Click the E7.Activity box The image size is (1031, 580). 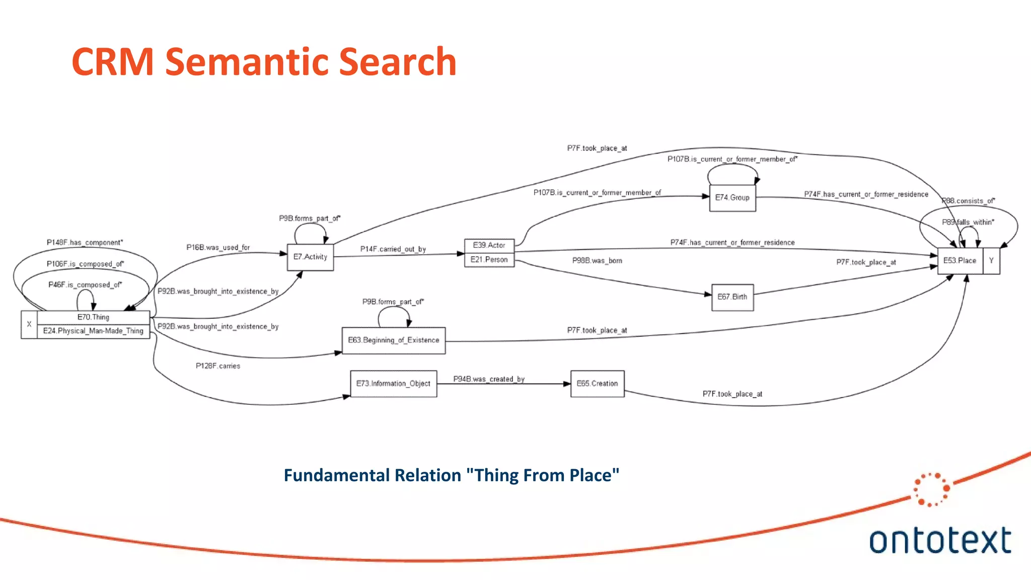(x=310, y=257)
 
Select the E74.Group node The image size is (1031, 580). (x=732, y=198)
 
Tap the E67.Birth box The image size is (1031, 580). (x=732, y=297)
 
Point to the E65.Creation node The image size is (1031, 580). (x=597, y=384)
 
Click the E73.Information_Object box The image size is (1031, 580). (x=393, y=384)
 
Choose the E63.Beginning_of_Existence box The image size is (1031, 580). (x=393, y=340)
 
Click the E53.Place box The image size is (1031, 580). (x=960, y=261)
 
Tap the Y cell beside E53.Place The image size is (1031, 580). (x=991, y=261)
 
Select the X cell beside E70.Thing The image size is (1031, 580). (x=29, y=324)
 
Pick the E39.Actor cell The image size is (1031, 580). (x=489, y=245)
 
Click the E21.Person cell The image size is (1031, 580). (x=489, y=260)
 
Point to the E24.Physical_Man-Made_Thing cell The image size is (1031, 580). (x=93, y=331)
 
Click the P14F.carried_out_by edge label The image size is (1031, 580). (x=393, y=249)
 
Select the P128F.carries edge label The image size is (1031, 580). (x=217, y=366)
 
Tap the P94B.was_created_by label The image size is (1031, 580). (x=488, y=379)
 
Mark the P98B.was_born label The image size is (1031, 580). (x=597, y=261)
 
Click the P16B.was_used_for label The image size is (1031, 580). (x=218, y=248)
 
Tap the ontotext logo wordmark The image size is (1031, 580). (x=939, y=541)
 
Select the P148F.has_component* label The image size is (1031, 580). (x=85, y=243)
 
